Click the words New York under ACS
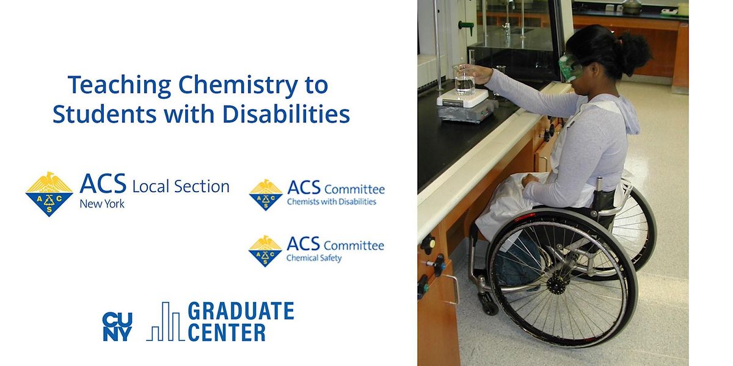[101, 204]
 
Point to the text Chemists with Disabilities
[332, 202]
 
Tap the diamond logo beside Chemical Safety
[265, 251]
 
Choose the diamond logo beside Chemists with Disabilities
[266, 195]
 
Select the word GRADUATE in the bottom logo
[241, 312]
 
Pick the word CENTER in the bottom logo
[227, 332]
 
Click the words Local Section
[181, 186]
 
